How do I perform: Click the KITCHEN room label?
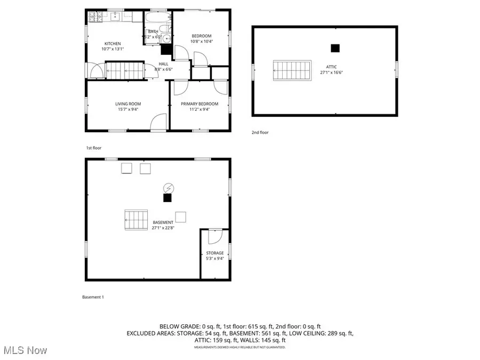pyautogui.click(x=113, y=44)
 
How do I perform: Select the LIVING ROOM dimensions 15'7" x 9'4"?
pyautogui.click(x=127, y=109)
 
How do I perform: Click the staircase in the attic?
pyautogui.click(x=292, y=70)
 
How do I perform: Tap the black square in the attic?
pyautogui.click(x=335, y=48)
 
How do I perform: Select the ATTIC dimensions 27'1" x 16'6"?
pyautogui.click(x=331, y=72)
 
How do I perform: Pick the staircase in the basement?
pyautogui.click(x=136, y=219)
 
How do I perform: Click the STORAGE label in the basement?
pyautogui.click(x=215, y=253)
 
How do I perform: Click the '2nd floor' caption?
pyautogui.click(x=261, y=132)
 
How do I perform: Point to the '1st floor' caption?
pyautogui.click(x=93, y=148)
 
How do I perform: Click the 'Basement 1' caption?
pyautogui.click(x=92, y=297)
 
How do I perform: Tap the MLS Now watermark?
pyautogui.click(x=25, y=350)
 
